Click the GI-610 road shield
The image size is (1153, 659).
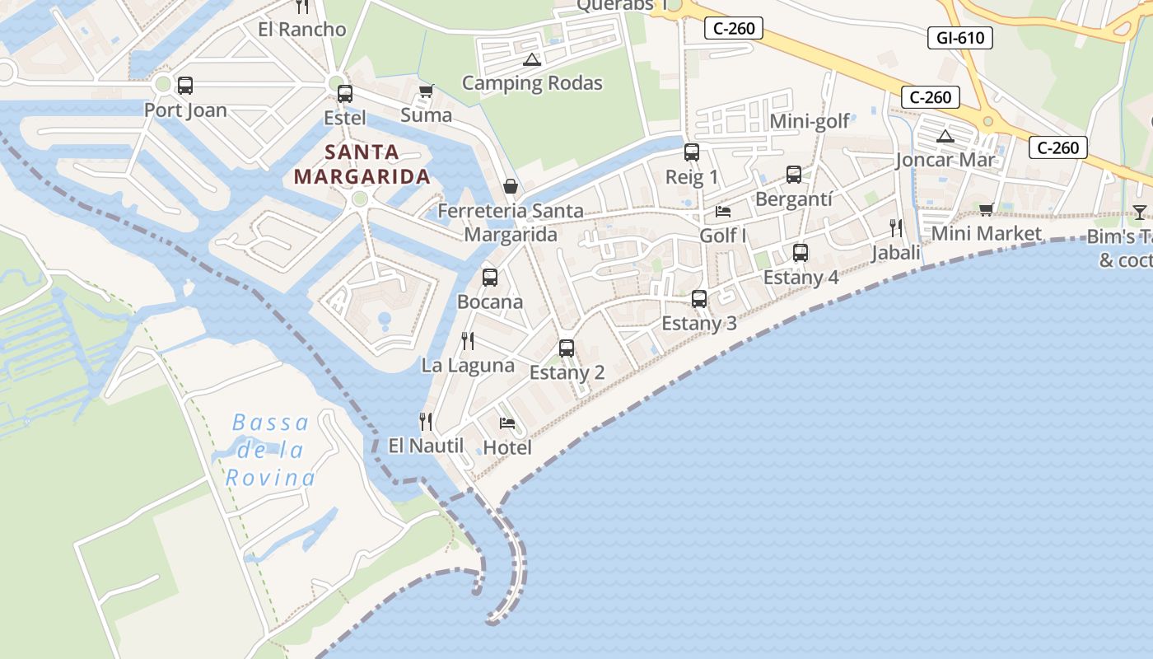960,37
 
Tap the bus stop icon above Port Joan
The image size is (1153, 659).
185,85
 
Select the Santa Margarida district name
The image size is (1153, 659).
362,164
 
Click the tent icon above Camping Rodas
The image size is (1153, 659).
531,59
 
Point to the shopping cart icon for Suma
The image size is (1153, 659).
426,91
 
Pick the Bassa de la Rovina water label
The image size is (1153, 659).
271,451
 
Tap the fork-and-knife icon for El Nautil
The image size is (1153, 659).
426,422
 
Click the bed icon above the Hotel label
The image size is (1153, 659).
507,423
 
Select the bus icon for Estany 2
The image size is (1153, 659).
567,348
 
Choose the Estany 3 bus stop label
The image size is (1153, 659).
699,323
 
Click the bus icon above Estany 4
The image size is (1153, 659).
800,253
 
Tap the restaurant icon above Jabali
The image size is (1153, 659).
895,228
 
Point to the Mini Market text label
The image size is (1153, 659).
986,233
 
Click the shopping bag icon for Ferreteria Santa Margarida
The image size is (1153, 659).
511,186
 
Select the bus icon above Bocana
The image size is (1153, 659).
490,278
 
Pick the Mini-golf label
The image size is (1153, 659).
809,122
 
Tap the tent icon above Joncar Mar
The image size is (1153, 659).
945,136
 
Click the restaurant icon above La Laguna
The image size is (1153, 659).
468,341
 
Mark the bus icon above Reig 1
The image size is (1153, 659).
692,152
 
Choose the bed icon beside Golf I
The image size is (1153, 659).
723,212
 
